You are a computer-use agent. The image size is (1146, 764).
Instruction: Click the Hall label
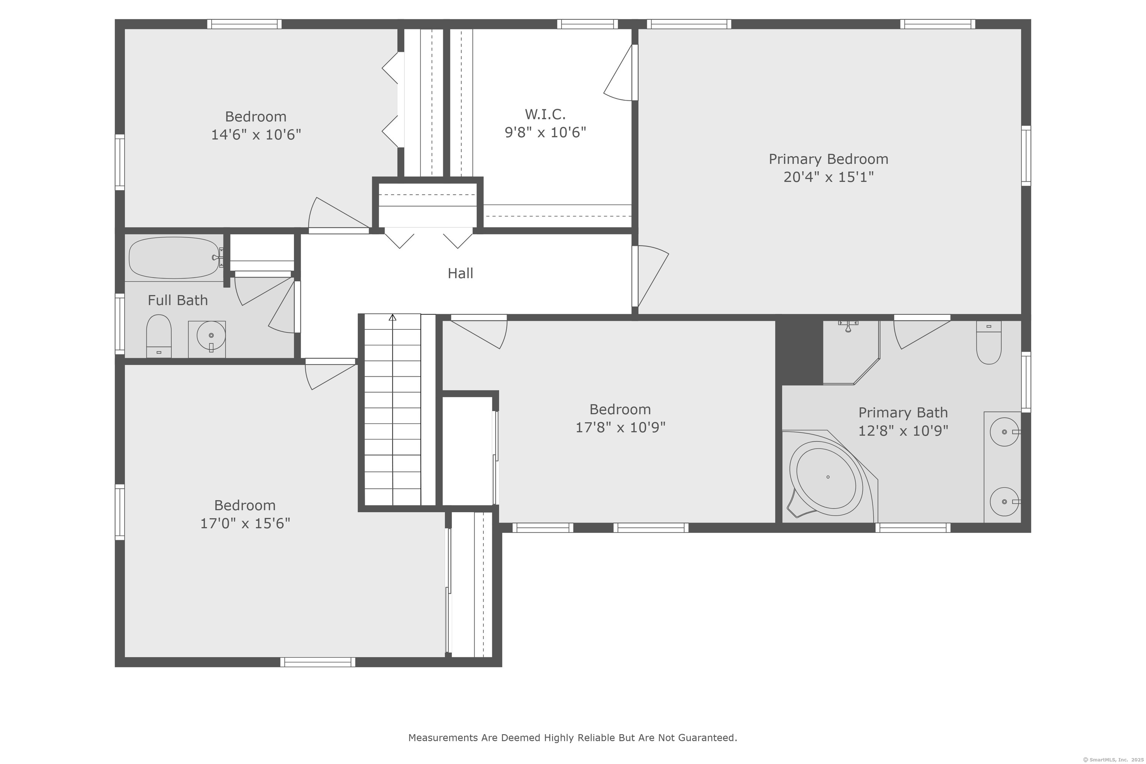pyautogui.click(x=460, y=273)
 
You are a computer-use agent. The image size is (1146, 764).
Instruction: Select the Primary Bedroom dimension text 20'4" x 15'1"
pyautogui.click(x=828, y=177)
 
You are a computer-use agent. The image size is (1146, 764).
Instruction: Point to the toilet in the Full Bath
pyautogui.click(x=159, y=336)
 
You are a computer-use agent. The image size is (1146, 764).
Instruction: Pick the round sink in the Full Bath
pyautogui.click(x=211, y=336)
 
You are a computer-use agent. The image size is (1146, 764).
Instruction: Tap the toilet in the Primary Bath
pyautogui.click(x=989, y=342)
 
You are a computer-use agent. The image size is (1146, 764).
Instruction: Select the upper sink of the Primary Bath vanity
pyautogui.click(x=1004, y=432)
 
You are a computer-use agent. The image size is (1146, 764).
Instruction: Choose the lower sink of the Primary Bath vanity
pyautogui.click(x=1004, y=501)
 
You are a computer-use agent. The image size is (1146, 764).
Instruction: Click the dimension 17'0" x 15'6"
pyautogui.click(x=245, y=523)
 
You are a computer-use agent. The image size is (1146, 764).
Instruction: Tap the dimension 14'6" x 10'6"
pyautogui.click(x=256, y=134)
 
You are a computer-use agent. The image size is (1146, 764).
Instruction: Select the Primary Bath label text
pyautogui.click(x=903, y=413)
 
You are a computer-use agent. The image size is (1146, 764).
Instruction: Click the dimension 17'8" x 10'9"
pyautogui.click(x=620, y=427)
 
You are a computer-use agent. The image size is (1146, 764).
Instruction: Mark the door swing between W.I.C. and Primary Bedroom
pyautogui.click(x=620, y=73)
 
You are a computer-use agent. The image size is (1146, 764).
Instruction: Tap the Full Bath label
pyautogui.click(x=178, y=300)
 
